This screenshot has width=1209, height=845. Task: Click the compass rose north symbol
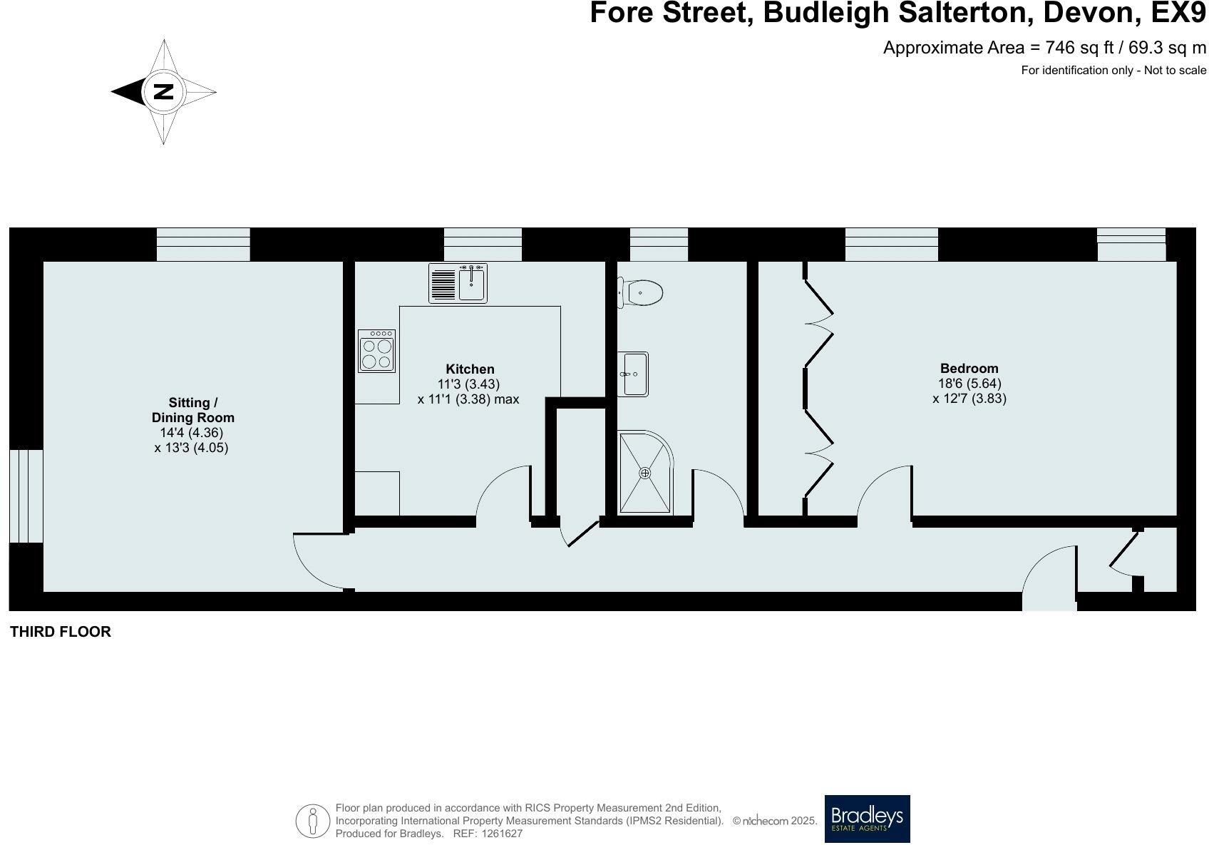coord(164,91)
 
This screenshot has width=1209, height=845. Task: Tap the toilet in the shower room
coord(642,292)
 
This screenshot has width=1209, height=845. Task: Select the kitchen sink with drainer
coord(458,283)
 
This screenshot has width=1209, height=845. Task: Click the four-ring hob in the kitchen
coord(376,352)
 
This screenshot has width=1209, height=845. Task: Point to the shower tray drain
coord(645,473)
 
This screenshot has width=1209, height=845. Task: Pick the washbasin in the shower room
coord(633,374)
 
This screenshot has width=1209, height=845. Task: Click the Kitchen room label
coord(470,369)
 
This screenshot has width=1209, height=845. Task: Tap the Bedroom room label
coord(969,368)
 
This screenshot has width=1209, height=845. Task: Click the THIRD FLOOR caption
coord(61,632)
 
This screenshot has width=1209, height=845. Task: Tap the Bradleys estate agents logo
coord(867,819)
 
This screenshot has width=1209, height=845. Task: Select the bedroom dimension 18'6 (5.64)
coord(969,383)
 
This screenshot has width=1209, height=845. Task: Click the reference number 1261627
coord(502,833)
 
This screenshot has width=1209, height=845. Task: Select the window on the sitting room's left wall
coord(26,496)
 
